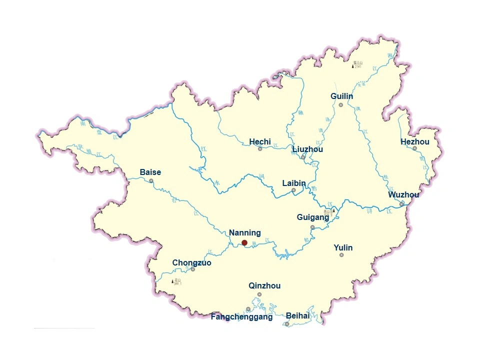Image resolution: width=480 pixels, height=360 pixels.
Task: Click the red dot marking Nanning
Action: click(x=244, y=242)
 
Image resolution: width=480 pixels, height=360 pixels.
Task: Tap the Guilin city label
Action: click(x=342, y=96)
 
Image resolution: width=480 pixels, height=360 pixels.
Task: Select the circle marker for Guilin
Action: click(x=341, y=105)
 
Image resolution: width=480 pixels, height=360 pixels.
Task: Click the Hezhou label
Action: click(x=415, y=142)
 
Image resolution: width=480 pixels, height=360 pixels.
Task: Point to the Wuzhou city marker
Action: click(x=401, y=203)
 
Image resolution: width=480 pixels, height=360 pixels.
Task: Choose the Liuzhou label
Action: click(x=307, y=149)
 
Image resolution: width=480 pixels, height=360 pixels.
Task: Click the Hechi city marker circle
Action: click(x=260, y=148)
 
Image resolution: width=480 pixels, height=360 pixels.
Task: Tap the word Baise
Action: click(x=150, y=172)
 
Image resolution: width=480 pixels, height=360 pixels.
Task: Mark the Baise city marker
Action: click(x=151, y=180)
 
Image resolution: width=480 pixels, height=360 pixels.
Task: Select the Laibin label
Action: click(x=294, y=183)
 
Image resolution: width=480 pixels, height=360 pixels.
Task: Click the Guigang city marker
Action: click(x=312, y=227)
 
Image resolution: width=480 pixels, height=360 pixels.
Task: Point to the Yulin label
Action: click(x=343, y=247)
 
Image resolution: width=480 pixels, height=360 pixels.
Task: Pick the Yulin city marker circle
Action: click(x=341, y=255)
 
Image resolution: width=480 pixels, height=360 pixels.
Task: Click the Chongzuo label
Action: click(x=192, y=263)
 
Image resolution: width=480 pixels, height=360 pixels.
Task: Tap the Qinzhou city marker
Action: click(x=259, y=294)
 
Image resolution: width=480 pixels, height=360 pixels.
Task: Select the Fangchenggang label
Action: click(x=242, y=317)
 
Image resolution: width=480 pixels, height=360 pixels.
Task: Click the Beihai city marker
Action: click(x=287, y=324)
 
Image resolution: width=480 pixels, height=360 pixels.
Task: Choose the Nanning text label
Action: click(x=245, y=233)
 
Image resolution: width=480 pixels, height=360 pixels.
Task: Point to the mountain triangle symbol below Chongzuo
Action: click(x=172, y=281)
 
